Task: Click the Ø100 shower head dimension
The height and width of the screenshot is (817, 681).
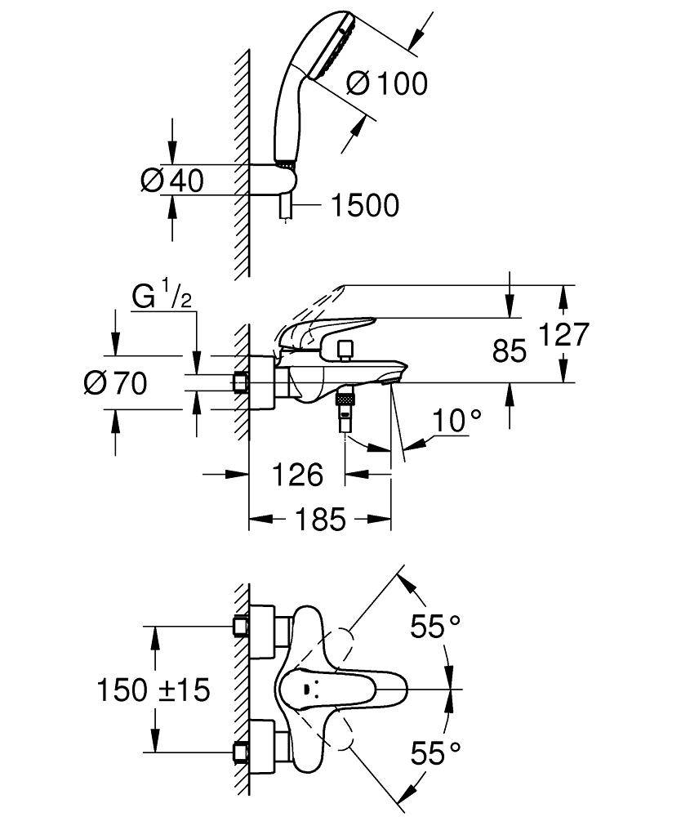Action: point(386,83)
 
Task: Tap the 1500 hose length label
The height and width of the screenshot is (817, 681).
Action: point(364,206)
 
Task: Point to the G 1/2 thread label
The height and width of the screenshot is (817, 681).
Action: point(162,297)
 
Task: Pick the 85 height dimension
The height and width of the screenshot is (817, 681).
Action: point(510,350)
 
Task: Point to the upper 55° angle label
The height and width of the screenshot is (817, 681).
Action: point(434,627)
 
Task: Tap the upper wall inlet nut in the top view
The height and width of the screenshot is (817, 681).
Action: point(240,626)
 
